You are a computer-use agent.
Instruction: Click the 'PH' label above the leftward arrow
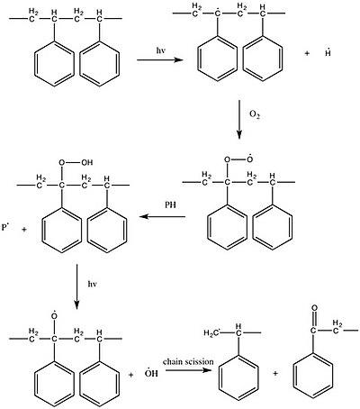(170, 204)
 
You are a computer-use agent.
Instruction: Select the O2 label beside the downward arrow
(255, 114)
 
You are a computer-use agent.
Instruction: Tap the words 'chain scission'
(188, 361)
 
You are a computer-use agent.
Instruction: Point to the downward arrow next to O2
(239, 119)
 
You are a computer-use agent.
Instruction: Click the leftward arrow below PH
(162, 216)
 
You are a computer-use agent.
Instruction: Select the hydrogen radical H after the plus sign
(328, 53)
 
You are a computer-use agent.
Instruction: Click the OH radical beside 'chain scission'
(151, 373)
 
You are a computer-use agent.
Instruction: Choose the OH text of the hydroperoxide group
(87, 162)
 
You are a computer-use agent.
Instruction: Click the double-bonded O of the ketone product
(314, 308)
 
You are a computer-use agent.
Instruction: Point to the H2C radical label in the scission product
(212, 332)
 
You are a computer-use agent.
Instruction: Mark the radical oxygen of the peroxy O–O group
(248, 159)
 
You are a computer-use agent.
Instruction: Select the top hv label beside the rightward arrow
(160, 50)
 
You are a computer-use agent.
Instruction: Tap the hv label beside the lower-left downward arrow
(92, 284)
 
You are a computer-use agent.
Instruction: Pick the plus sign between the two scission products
(275, 373)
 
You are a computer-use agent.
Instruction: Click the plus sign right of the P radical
(24, 231)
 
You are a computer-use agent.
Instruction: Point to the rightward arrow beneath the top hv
(160, 60)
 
